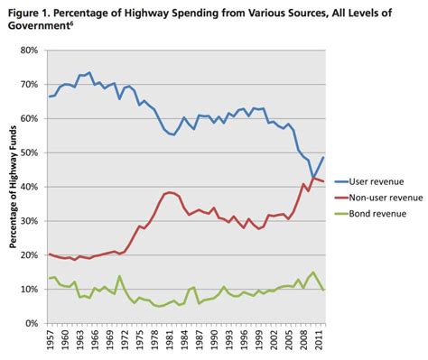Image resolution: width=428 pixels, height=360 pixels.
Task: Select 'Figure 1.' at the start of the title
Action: coord(30,9)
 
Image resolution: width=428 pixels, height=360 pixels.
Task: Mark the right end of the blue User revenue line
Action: coord(323,157)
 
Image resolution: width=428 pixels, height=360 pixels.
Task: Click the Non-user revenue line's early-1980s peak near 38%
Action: coord(169,192)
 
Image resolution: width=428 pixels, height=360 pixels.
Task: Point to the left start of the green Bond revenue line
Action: coord(49,278)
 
